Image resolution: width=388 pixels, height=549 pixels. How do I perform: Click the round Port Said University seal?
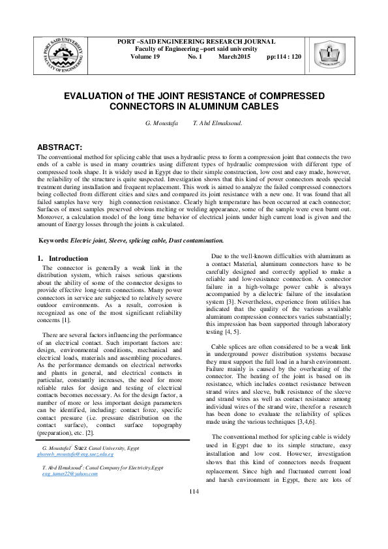(64, 53)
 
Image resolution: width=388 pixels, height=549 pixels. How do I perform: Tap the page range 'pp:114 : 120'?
(284, 57)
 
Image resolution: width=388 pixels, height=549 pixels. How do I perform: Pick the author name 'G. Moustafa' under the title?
(161, 123)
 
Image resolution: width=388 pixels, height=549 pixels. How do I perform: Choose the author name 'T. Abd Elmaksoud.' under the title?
(217, 123)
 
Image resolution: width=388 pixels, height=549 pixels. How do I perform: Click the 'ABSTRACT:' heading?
(59, 147)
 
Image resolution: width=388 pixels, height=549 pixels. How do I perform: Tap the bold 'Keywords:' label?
(54, 241)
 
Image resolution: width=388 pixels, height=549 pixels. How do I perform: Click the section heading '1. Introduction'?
(63, 258)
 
